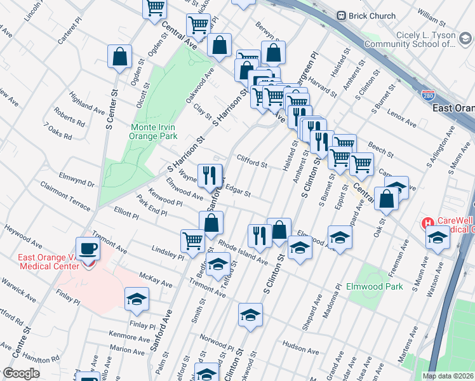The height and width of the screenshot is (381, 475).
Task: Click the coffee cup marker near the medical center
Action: tap(88, 248)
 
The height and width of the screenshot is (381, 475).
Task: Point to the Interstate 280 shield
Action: tap(429, 95)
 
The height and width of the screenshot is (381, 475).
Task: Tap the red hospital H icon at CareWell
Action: tap(428, 224)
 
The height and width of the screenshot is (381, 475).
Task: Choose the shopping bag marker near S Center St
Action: tap(119, 57)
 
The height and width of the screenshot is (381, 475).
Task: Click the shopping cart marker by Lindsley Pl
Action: tap(193, 240)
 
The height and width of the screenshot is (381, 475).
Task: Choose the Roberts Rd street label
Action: tap(69, 120)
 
